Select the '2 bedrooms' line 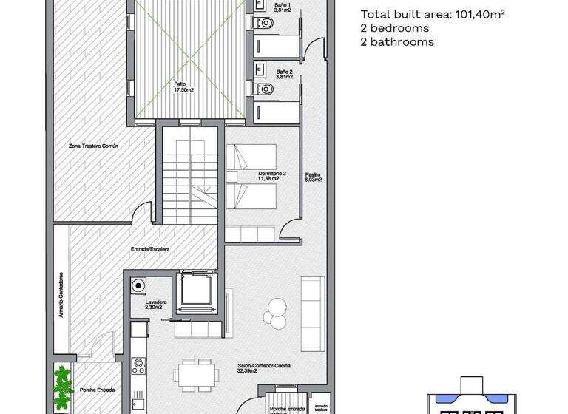tap(395, 28)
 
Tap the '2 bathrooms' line tap(397, 42)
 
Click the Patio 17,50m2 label tap(184, 86)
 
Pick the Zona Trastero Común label tap(94, 146)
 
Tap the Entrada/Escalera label tap(150, 250)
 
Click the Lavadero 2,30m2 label tap(157, 305)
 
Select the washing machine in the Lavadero tap(138, 286)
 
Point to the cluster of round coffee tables tap(277, 310)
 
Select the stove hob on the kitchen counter tap(138, 364)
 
